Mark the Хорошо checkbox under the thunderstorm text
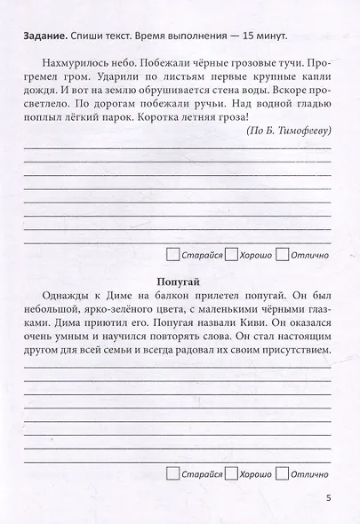coord(230,254)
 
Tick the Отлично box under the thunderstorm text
coord(283,254)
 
